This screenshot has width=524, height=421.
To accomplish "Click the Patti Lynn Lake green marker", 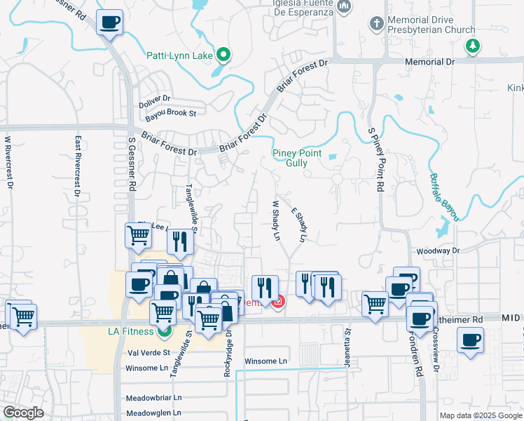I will (x=223, y=54).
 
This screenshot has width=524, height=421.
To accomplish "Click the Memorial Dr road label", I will (x=430, y=62).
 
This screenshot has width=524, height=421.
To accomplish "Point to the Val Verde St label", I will (x=148, y=352).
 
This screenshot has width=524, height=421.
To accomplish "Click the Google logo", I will (x=23, y=413).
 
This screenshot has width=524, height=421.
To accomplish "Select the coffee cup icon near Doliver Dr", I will (x=109, y=23).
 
